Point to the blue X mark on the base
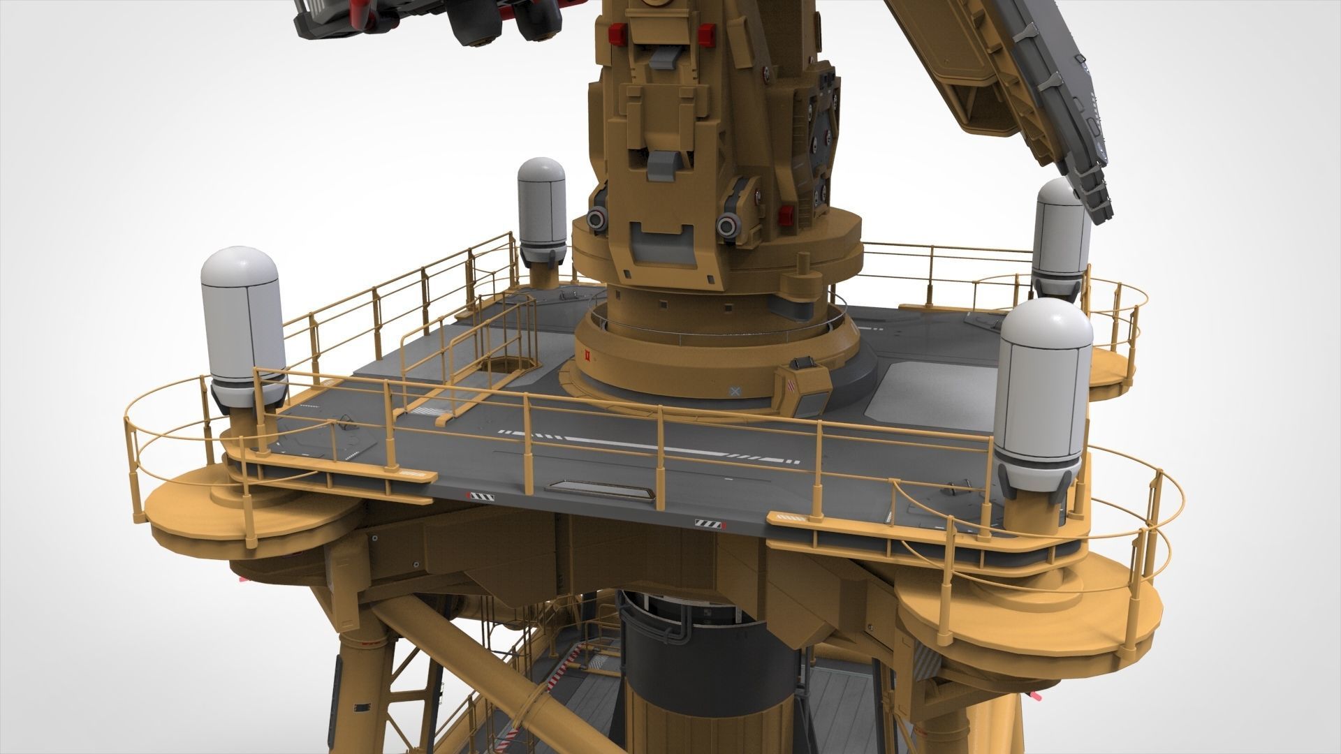pyautogui.click(x=734, y=392)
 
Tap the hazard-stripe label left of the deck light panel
pyautogui.click(x=481, y=496)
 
